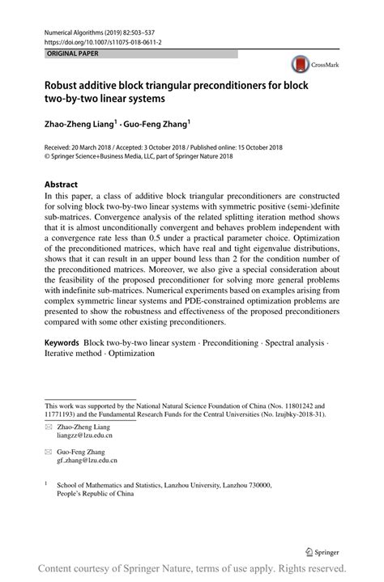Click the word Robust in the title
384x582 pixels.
66,84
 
